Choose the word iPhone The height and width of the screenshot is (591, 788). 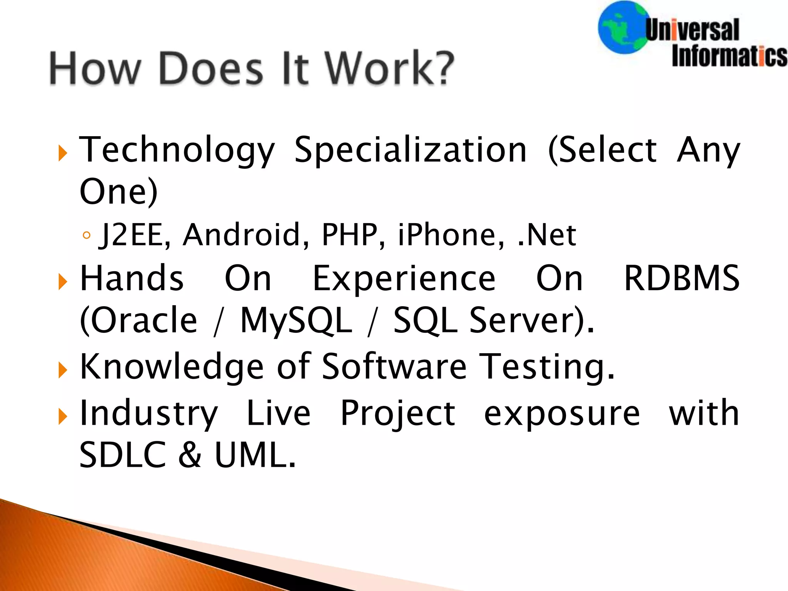451,234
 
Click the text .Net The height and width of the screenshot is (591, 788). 547,234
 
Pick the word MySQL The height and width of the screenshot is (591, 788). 296,320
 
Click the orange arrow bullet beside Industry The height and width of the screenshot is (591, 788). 62,417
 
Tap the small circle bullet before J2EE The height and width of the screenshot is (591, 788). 87,235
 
